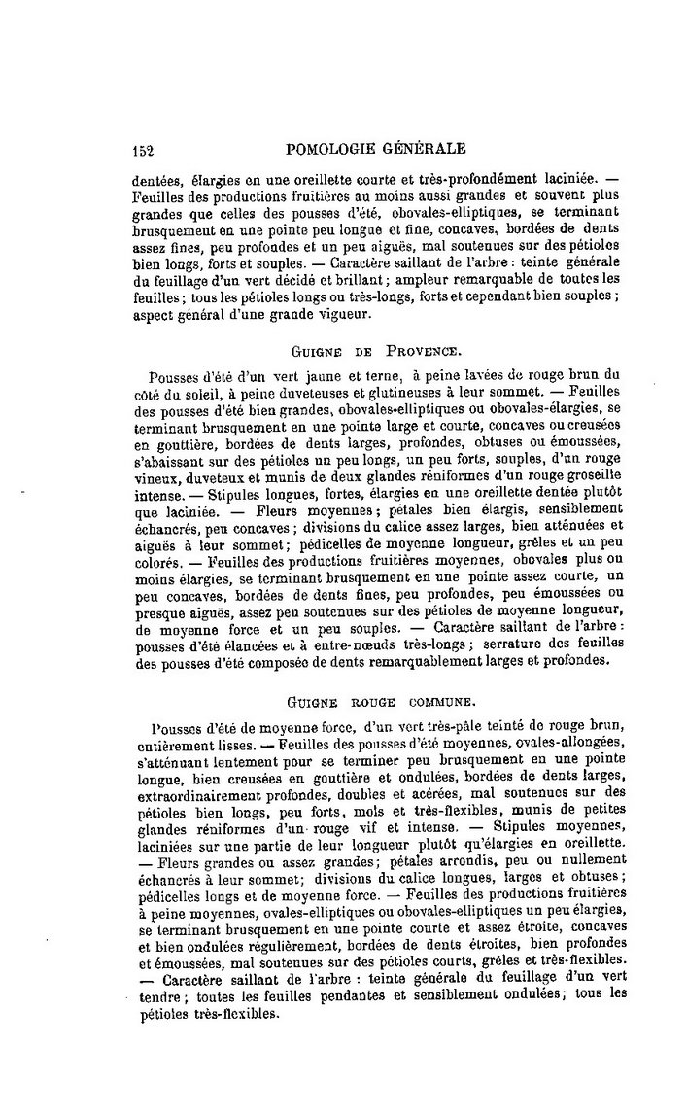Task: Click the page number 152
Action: pos(143,150)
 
